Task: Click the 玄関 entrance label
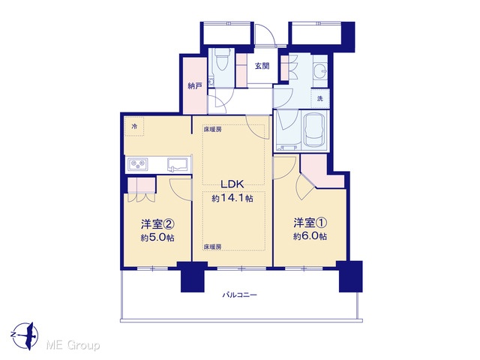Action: click(262, 65)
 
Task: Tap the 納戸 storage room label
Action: click(195, 86)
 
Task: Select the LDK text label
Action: click(232, 184)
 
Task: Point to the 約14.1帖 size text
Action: click(232, 198)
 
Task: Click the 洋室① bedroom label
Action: click(310, 223)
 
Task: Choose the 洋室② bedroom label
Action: click(157, 224)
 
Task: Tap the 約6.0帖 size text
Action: click(310, 236)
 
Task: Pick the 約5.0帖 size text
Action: click(157, 238)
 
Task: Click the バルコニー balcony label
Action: click(240, 295)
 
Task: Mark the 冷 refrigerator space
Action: click(134, 127)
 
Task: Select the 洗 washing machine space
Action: click(320, 98)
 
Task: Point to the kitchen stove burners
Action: click(138, 164)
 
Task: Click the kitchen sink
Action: click(178, 165)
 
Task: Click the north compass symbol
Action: click(26, 335)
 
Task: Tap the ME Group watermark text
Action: click(73, 345)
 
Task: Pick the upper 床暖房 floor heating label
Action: click(212, 129)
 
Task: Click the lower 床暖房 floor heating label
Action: click(212, 247)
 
